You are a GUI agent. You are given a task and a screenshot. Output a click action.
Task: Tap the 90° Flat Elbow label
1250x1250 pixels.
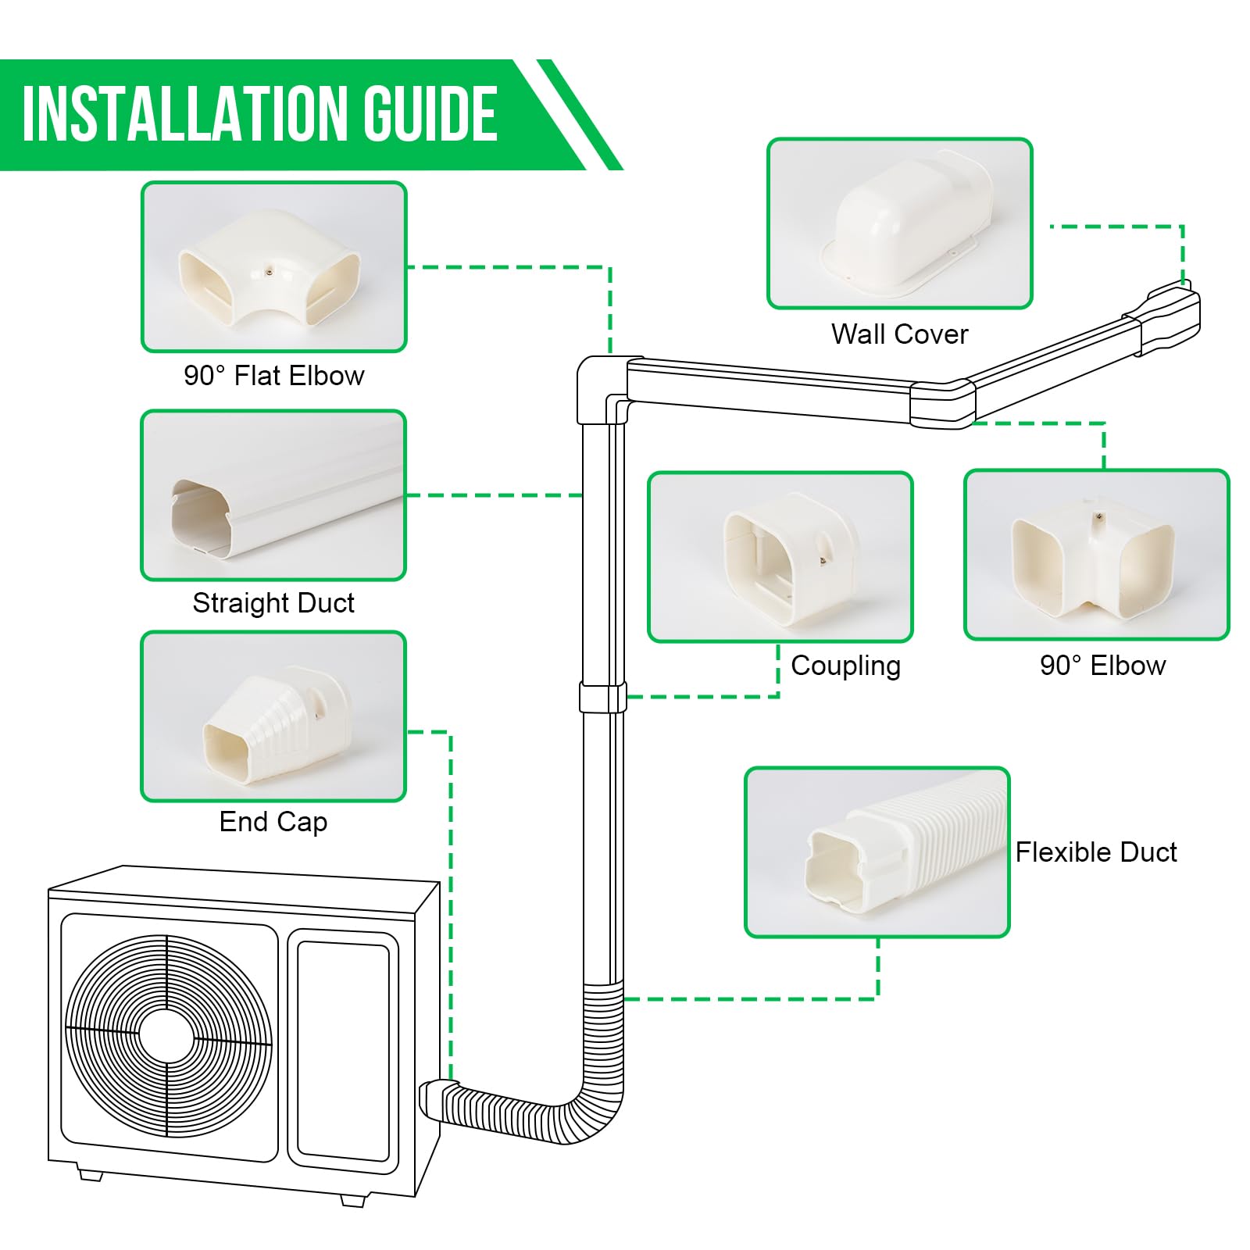273,376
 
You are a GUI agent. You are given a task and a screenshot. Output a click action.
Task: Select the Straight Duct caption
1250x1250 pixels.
273,603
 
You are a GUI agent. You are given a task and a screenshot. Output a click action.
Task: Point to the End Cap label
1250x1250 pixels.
273,822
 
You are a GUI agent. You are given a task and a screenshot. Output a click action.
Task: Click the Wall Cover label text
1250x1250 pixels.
899,334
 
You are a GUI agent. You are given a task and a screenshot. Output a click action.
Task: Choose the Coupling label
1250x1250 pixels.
845,666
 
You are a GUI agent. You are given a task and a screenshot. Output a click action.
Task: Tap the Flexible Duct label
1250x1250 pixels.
1095,852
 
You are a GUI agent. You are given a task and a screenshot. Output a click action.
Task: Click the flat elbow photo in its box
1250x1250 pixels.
270,268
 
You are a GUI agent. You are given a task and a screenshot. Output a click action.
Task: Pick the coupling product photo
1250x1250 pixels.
785,559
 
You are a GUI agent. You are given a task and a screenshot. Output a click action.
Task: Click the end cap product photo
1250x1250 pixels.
277,723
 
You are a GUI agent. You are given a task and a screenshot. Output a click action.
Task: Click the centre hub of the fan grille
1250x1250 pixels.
166,1037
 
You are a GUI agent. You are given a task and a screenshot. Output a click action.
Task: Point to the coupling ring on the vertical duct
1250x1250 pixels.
602,697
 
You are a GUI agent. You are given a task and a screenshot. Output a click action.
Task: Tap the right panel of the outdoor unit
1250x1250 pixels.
343,1051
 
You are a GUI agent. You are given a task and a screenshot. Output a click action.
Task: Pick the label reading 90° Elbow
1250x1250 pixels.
1102,666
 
